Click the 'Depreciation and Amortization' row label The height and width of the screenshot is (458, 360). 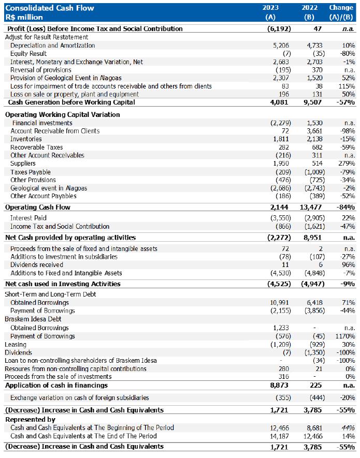(x=52, y=46)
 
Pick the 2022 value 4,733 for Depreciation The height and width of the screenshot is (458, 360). (x=315, y=46)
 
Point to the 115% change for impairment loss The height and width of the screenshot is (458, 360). (x=347, y=86)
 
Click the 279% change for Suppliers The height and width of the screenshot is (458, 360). (x=347, y=164)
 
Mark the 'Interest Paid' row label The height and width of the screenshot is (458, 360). (x=28, y=218)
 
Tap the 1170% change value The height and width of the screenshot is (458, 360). (x=345, y=336)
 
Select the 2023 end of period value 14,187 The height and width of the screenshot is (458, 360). (x=281, y=436)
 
